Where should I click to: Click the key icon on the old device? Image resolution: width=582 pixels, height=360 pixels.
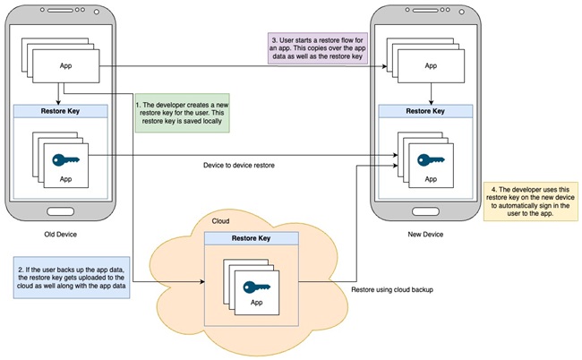(65, 160)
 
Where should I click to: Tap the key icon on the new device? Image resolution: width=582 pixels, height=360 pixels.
(431, 160)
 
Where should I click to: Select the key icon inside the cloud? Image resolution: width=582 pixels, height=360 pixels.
(256, 287)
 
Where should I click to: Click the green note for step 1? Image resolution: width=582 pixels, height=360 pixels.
(183, 113)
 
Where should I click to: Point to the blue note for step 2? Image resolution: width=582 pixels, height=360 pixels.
(72, 278)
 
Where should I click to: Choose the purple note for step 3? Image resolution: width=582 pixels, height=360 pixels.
(318, 48)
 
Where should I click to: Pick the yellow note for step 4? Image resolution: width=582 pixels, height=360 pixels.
(531, 201)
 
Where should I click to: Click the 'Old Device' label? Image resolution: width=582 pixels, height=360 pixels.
(61, 235)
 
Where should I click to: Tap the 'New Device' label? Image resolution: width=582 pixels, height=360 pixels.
(425, 235)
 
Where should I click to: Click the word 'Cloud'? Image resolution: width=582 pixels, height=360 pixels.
(220, 221)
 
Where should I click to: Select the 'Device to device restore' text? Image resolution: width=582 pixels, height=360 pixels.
(239, 165)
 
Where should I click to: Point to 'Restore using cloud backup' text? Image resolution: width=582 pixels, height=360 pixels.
(392, 289)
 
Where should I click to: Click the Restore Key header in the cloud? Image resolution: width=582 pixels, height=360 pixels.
(252, 238)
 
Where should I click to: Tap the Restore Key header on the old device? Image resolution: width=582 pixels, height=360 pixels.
(61, 111)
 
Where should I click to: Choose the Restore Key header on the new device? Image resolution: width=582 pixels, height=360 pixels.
(425, 111)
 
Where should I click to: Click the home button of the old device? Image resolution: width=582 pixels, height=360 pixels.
(61, 211)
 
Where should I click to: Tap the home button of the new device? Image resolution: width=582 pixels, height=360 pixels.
(425, 211)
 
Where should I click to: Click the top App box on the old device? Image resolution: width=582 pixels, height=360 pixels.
(66, 66)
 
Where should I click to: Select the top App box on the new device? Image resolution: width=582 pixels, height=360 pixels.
(431, 66)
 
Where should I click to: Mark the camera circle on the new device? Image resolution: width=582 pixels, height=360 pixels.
(462, 12)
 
